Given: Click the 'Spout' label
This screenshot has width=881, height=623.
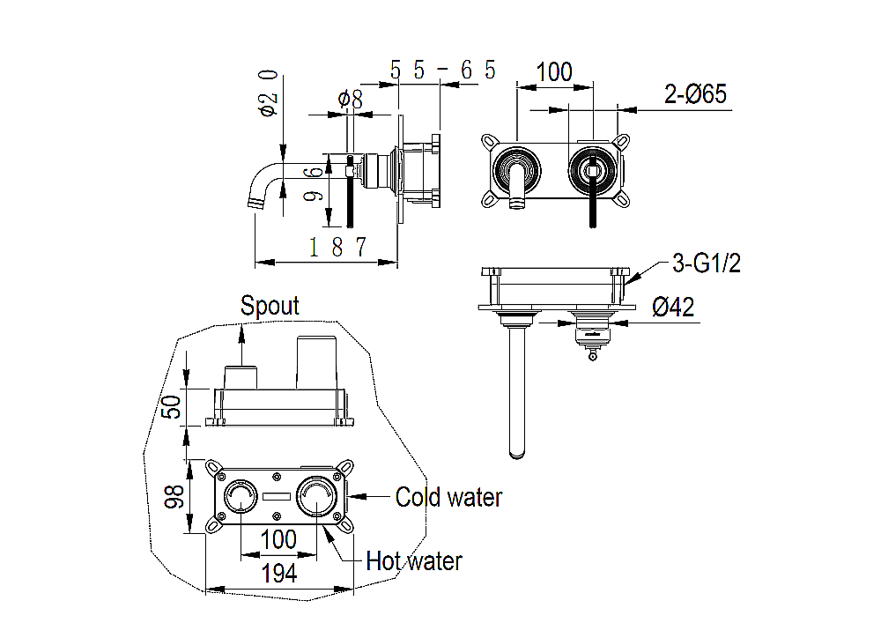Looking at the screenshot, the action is (270, 306).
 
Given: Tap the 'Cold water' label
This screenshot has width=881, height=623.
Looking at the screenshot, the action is (448, 497).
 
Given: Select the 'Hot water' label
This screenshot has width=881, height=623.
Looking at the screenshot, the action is (414, 560).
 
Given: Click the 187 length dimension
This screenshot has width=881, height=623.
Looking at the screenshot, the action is (337, 247).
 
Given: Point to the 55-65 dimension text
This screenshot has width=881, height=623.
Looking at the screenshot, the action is (443, 70).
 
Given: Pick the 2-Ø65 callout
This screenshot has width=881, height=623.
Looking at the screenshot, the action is (696, 93).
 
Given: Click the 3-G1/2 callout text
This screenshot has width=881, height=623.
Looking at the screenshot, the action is (707, 263).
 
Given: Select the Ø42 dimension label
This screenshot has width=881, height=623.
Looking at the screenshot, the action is (673, 307).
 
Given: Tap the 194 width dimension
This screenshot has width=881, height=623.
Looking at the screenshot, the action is (279, 574).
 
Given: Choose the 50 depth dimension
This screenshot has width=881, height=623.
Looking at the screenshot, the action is (172, 407).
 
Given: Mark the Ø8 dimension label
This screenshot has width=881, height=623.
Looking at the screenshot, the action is (350, 99).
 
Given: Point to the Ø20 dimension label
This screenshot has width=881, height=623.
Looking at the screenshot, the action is (268, 93).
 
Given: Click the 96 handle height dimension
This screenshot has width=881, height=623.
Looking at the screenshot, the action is (314, 183).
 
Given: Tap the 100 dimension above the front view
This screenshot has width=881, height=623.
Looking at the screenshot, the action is (554, 72).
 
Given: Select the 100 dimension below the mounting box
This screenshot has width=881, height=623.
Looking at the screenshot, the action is (278, 540).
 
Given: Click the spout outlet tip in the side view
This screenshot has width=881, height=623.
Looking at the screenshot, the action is (256, 202).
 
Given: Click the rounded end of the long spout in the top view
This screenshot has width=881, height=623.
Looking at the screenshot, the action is (517, 454).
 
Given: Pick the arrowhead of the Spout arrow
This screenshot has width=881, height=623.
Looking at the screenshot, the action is (241, 332).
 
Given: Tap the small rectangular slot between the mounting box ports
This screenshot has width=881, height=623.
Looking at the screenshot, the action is (277, 497).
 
